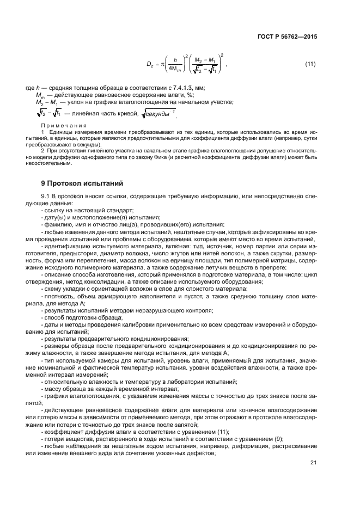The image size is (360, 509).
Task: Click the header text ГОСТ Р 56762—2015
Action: click(288, 37)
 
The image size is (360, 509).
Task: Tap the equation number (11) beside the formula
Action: click(310, 65)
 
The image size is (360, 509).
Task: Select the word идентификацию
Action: click(68, 245)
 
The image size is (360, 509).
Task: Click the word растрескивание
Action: click(291, 446)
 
